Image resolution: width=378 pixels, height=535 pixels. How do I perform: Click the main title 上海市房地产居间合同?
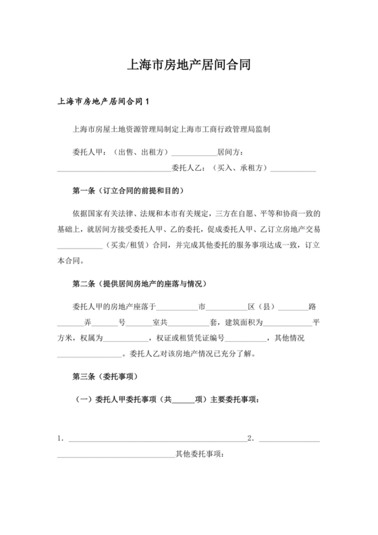pyautogui.click(x=189, y=66)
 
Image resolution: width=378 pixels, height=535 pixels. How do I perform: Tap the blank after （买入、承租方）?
pyautogui.click(x=292, y=170)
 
